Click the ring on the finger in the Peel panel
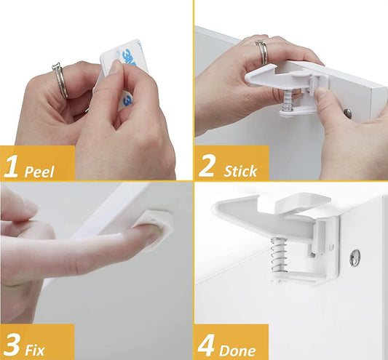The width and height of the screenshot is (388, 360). pyautogui.click(x=60, y=79)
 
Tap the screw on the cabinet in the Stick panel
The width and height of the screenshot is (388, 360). pyautogui.click(x=347, y=114)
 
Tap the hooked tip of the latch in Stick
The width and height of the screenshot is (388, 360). pyautogui.click(x=251, y=75)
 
